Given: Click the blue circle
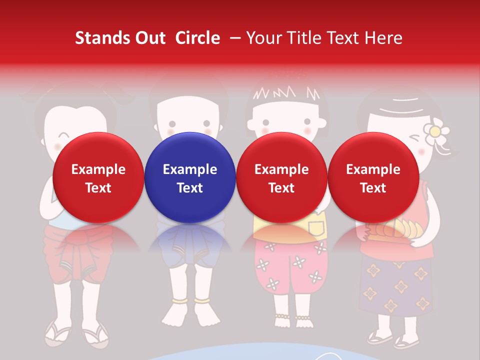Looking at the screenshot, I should [190, 177].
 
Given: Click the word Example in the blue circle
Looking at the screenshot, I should [190, 169].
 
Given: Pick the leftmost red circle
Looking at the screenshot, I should [98, 177].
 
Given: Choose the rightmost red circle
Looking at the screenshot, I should [373, 177].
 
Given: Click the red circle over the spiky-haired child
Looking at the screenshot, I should [281, 177].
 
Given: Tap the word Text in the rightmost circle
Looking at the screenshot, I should [373, 188].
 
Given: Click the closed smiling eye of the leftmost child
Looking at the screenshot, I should [64, 135].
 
